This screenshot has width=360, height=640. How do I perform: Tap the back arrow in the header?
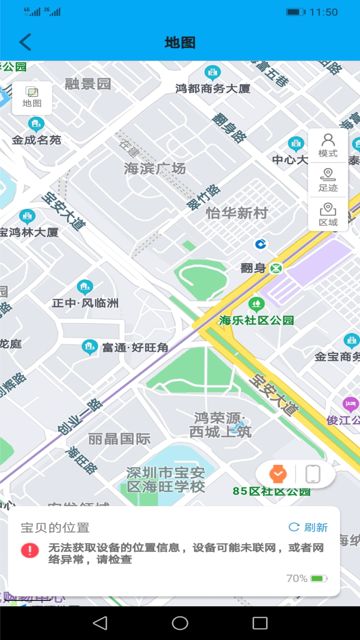click(25, 42)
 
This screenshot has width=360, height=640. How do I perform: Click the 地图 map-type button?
click(32, 98)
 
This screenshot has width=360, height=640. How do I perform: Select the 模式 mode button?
click(328, 145)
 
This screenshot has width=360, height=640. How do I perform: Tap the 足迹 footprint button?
click(328, 180)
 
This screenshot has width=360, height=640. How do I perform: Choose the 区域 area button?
click(328, 214)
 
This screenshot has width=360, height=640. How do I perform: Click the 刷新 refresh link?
click(308, 527)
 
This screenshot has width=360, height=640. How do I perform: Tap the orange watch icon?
click(278, 474)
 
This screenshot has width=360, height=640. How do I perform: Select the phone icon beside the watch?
click(313, 474)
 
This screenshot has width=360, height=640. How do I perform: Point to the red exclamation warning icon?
click(30, 550)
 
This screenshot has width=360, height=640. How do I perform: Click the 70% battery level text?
click(297, 578)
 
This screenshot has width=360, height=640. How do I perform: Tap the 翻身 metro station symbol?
click(276, 268)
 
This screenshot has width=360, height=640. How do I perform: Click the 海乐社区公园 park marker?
click(256, 304)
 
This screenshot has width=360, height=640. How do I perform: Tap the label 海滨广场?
click(155, 169)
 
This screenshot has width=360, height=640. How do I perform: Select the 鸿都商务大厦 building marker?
click(212, 72)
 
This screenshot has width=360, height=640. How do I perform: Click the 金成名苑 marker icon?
click(36, 124)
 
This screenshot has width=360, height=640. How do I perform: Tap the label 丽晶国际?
click(119, 439)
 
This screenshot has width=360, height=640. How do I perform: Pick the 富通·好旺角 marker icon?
click(90, 347)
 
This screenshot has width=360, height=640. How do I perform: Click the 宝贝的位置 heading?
click(55, 528)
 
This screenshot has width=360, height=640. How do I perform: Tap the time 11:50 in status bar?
click(323, 12)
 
